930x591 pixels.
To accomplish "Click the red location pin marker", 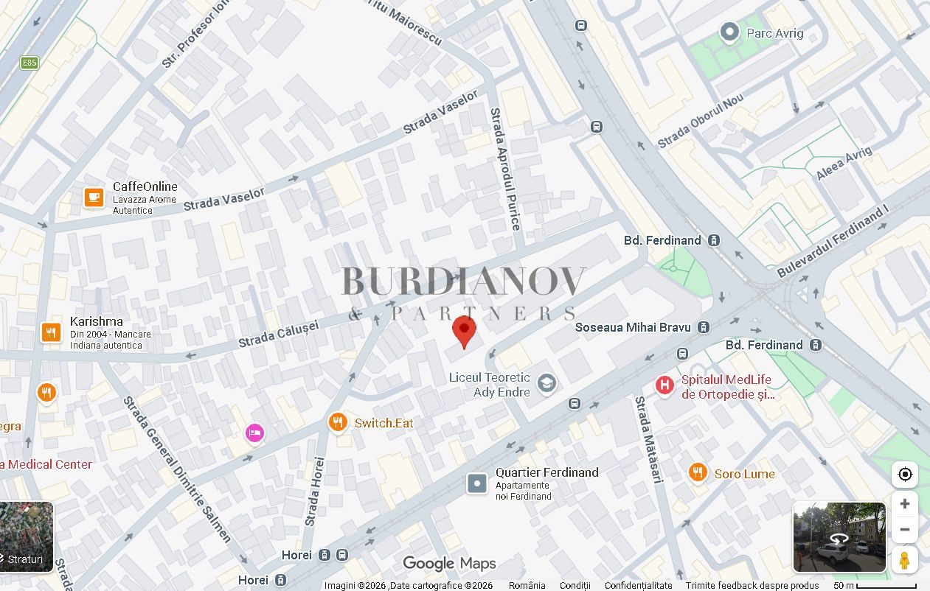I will click(464, 329).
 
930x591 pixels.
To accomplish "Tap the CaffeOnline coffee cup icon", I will click(94, 197).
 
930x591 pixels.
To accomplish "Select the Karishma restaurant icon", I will click(51, 332).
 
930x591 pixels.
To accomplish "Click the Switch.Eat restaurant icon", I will click(338, 422).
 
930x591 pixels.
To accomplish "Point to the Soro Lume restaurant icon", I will click(698, 473).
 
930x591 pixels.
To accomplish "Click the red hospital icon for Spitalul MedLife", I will click(664, 385).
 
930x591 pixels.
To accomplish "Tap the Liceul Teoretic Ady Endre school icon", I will click(546, 383).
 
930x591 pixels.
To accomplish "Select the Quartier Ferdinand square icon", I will click(477, 483).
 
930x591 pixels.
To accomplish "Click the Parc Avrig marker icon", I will click(729, 32).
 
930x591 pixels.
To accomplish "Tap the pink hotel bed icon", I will click(254, 433).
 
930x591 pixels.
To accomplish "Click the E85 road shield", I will click(30, 63).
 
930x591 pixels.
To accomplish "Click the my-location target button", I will click(904, 475).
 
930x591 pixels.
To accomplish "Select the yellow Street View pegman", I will click(904, 560).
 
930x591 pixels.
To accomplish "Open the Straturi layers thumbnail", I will click(26, 536).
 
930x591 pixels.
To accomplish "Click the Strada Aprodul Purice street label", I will click(506, 169).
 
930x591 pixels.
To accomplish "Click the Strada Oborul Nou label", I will click(700, 121).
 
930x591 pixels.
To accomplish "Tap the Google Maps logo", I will click(449, 564).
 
